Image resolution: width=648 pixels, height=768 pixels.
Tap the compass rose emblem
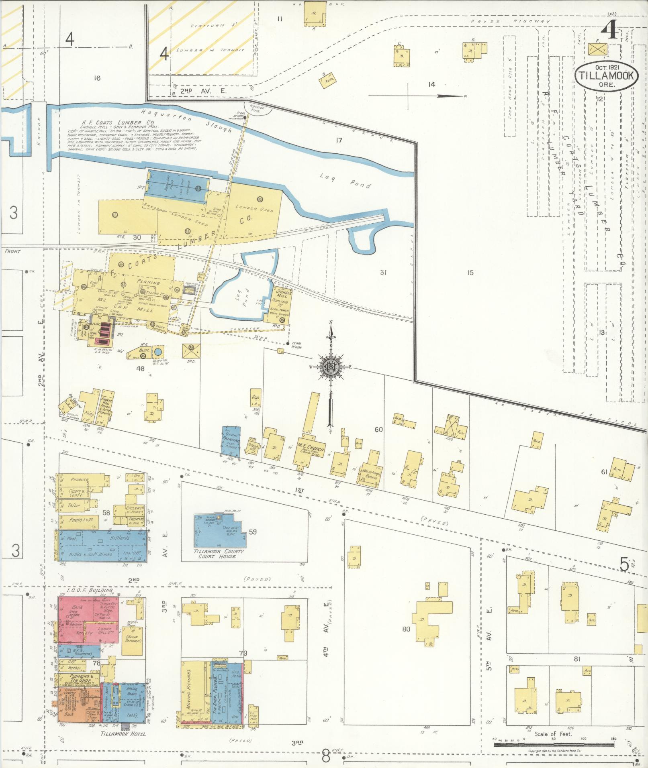coord(330,366)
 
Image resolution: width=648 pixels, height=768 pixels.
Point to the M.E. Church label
coord(311,447)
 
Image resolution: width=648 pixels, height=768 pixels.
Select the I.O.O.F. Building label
coord(90,591)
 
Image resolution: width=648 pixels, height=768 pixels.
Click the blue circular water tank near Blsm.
coord(158,352)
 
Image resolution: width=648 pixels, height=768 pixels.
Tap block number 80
coord(406,629)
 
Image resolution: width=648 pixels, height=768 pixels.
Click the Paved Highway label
coord(506,21)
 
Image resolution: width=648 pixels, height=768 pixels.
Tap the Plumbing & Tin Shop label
coord(79,678)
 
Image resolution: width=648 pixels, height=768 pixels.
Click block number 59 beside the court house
coord(252,532)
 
